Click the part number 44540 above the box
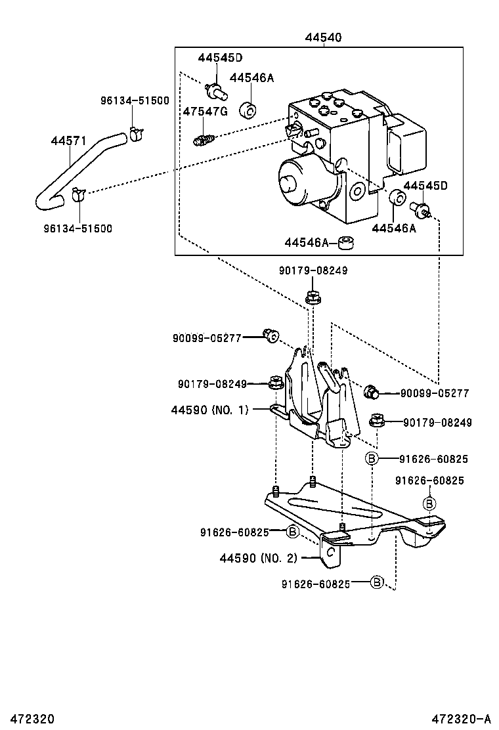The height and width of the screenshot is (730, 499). tap(323, 37)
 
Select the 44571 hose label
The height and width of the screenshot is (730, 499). tap(68, 140)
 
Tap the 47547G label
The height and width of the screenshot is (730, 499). tap(206, 112)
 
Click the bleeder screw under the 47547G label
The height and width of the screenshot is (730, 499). tap(204, 139)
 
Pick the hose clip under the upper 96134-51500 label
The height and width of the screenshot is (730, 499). tap(136, 134)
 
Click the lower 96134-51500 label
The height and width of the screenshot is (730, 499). tap(79, 228)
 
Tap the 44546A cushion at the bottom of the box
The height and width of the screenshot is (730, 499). tap(346, 242)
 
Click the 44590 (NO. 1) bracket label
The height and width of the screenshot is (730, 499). tap(210, 410)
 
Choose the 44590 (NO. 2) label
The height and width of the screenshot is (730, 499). tap(258, 557)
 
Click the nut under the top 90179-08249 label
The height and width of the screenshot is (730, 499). tap(313, 297)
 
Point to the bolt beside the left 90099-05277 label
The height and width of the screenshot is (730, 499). tap(271, 335)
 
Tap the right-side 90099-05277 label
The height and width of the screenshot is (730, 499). tap(435, 393)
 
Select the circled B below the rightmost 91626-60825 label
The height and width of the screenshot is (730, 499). tap(429, 504)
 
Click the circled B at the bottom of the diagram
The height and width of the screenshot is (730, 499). tap(377, 582)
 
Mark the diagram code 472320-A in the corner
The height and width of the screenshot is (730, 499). tap(462, 719)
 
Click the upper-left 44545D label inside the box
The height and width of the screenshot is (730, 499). tap(220, 58)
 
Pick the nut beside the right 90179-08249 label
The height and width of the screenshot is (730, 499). tap(376, 419)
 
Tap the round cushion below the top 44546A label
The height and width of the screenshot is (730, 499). tap(249, 111)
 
